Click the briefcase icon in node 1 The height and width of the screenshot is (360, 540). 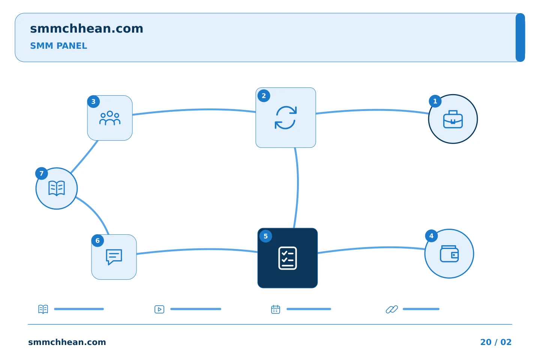click(x=453, y=119)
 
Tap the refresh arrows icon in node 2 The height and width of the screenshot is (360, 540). click(x=286, y=117)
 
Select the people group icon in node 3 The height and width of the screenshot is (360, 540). click(x=109, y=118)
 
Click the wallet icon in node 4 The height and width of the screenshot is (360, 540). click(x=449, y=253)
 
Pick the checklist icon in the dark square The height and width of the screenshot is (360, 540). click(x=287, y=258)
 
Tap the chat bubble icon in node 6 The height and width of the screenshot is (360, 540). click(x=114, y=257)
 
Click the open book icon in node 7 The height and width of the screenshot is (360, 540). click(x=57, y=188)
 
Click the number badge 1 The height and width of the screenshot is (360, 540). click(x=435, y=101)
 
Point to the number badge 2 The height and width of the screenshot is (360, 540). click(x=264, y=96)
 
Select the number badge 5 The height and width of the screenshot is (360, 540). click(x=265, y=236)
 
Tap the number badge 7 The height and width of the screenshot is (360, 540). click(x=42, y=173)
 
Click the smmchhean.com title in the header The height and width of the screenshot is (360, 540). click(x=87, y=28)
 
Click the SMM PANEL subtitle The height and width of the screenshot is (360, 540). click(x=58, y=46)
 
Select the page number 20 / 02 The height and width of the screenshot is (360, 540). click(x=496, y=342)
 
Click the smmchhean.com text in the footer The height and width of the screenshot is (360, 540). click(x=67, y=342)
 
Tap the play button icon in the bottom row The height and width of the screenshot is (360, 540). click(x=159, y=309)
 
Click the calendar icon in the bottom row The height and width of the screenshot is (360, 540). click(x=276, y=309)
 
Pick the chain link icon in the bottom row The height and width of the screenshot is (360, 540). click(x=392, y=309)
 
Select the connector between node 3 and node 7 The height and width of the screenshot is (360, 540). click(x=84, y=157)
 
